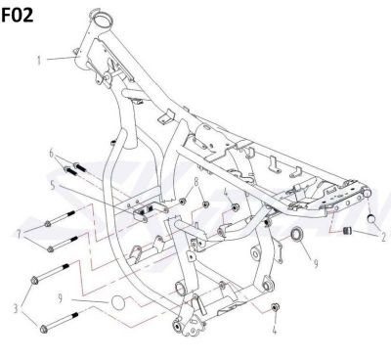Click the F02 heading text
coord(18,16)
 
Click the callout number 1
coord(39,61)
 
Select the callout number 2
coord(383,237)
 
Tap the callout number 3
coord(16,308)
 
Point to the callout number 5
coord(53,186)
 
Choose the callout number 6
coord(51,153)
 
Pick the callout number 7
coord(19,234)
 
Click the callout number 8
coord(196,182)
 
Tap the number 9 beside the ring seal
coord(316,263)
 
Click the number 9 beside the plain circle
coord(61,298)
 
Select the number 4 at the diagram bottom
coord(275,331)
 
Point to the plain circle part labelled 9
coord(118,303)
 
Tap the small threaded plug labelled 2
coord(347,232)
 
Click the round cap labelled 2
coord(371,218)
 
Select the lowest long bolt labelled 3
coord(59,323)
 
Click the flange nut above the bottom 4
coord(275,307)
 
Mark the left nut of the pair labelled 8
coord(183,202)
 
